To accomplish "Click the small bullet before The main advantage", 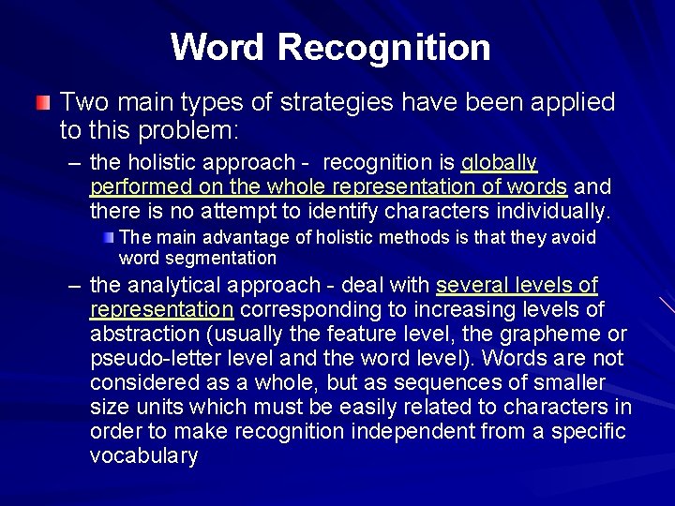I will pos(110,237).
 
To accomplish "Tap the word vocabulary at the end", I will pos(144,456).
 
